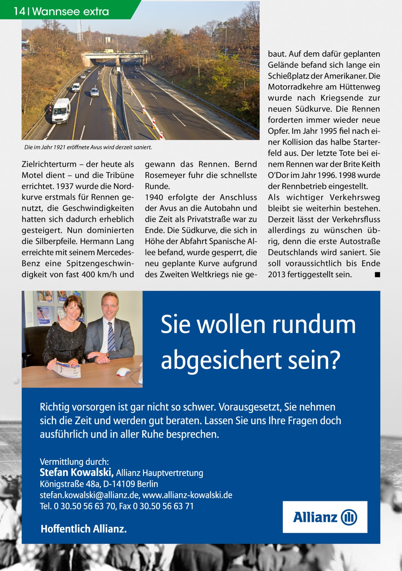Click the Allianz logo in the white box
(x=325, y=517)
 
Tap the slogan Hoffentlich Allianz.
(x=84, y=529)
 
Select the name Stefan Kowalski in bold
(x=77, y=473)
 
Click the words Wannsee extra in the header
(x=71, y=12)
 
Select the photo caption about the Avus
(x=88, y=147)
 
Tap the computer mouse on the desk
(x=123, y=372)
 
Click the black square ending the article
(x=377, y=275)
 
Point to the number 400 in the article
(x=88, y=275)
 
